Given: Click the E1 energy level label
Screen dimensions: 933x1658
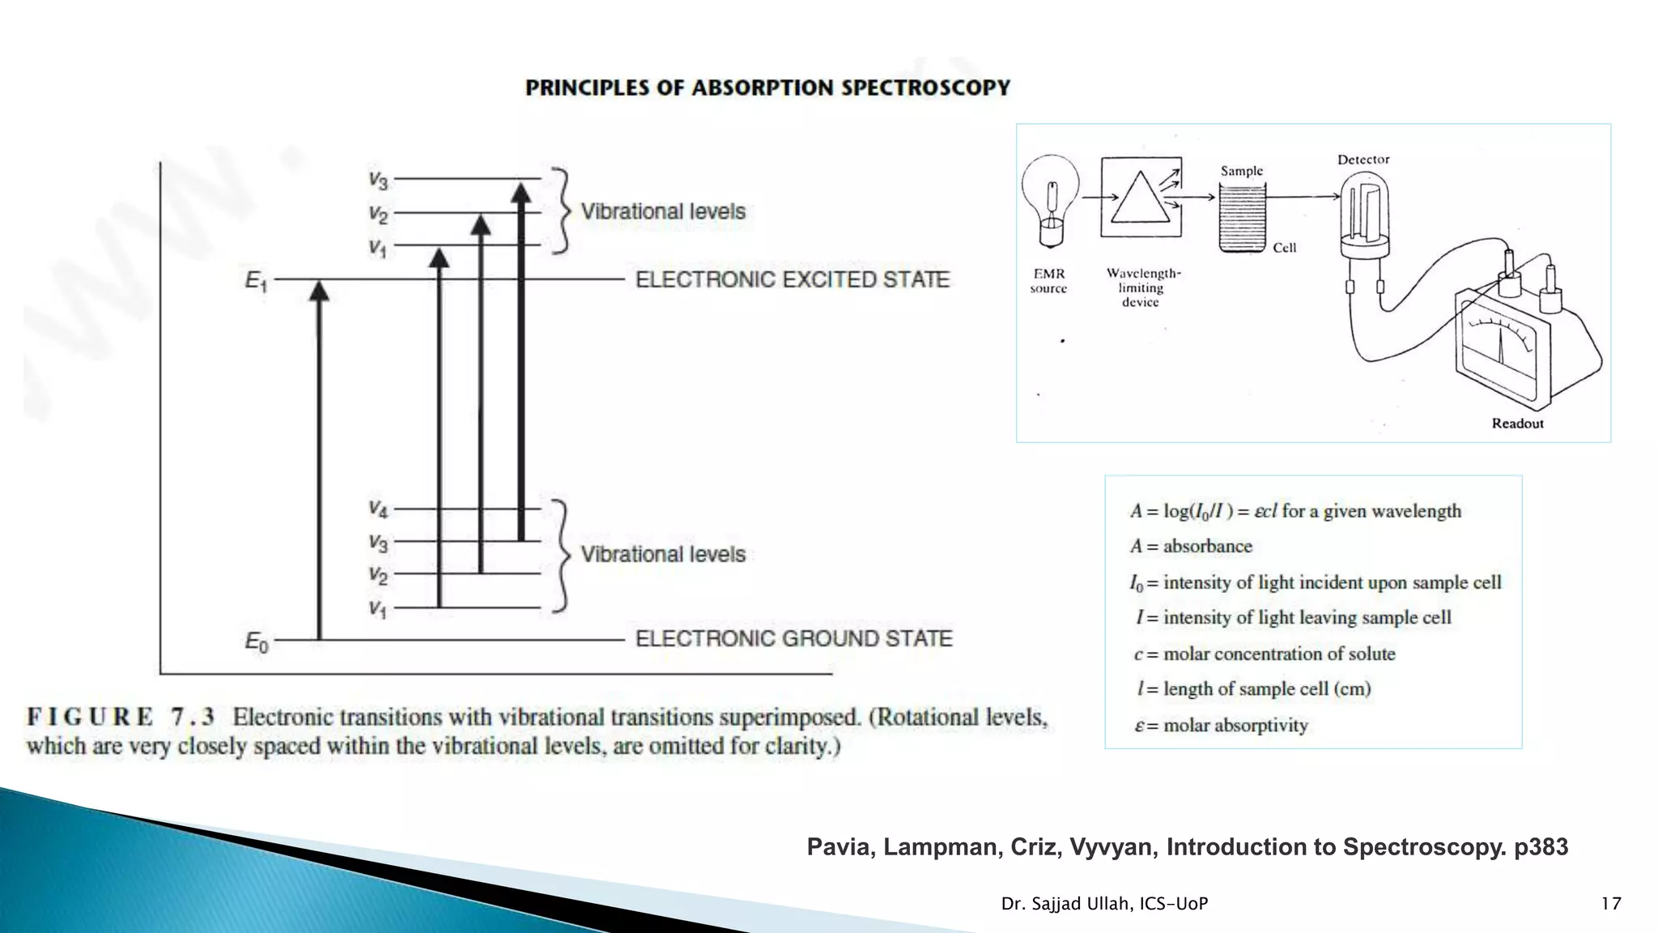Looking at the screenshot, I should (256, 281).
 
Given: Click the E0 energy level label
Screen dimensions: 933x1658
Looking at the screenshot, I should (256, 642).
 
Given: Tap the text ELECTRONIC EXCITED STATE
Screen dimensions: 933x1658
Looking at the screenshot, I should (792, 279).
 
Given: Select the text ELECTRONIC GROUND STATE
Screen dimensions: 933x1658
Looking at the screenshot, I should (793, 639).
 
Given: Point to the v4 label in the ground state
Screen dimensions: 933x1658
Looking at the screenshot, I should (378, 509).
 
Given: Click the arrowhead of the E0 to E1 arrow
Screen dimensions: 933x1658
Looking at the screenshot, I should (320, 290).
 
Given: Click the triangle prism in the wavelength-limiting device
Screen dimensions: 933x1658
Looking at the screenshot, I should (1141, 198).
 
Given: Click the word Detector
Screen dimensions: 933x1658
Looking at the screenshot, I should (1363, 160).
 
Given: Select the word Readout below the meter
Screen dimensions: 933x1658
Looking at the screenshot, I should (1517, 424).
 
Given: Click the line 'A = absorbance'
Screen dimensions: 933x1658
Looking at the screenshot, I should (1191, 547).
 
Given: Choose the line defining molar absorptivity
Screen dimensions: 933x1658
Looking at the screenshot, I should (1221, 726).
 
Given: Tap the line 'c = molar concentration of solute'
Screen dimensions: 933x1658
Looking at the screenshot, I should (1265, 654).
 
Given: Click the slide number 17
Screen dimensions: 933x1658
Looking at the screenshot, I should (1611, 904).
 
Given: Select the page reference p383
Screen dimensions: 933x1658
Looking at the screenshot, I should (1541, 847).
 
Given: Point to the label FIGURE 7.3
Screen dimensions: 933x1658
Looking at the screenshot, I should (121, 718).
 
